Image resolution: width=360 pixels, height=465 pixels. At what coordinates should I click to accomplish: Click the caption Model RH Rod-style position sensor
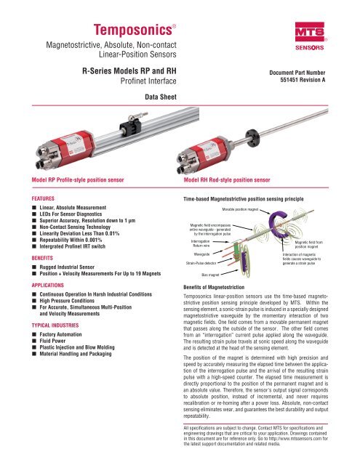pos(216,179)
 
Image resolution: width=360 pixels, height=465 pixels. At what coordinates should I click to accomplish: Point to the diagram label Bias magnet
pos(212,276)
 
